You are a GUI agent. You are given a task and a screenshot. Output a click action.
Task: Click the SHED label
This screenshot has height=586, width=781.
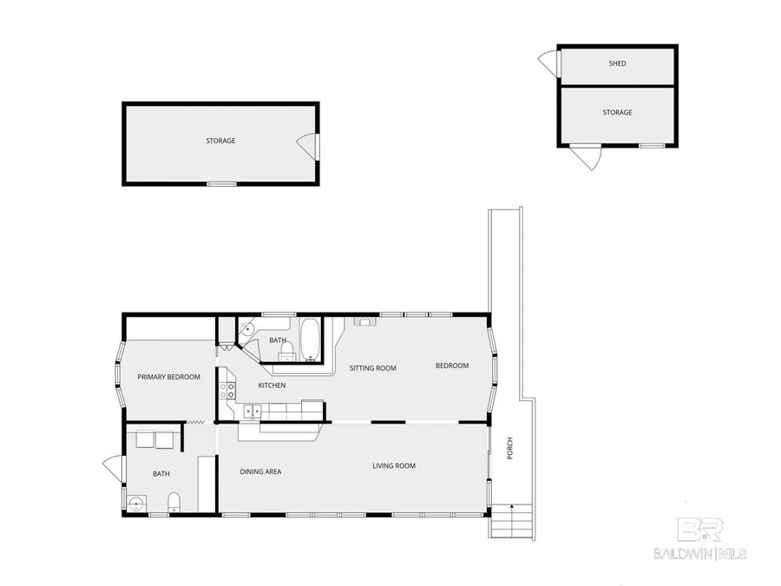617,63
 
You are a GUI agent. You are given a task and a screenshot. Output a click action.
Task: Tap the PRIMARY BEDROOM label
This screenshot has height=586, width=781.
169,377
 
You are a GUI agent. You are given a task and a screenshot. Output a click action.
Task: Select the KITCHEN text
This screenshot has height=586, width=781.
272,385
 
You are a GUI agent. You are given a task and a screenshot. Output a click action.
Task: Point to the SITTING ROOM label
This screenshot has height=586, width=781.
372,368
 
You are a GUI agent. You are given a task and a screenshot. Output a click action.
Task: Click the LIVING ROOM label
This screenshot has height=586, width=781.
394,466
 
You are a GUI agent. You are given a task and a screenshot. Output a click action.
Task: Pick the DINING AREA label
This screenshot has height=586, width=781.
260,471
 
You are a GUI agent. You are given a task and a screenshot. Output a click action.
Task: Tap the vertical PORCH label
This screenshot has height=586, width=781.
509,447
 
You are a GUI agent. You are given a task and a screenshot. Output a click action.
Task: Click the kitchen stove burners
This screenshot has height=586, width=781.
226,390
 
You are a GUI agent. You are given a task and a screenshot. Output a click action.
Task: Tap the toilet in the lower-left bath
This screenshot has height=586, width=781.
174,501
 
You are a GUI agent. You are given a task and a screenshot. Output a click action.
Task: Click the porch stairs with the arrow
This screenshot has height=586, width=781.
510,521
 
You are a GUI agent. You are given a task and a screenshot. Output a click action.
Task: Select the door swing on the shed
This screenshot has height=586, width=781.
548,63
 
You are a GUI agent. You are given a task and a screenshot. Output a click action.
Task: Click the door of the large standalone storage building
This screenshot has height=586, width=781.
308,146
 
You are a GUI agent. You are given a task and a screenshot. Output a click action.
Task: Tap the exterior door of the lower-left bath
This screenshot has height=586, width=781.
114,469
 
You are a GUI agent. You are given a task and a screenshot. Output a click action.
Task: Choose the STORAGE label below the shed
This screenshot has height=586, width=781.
617,112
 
